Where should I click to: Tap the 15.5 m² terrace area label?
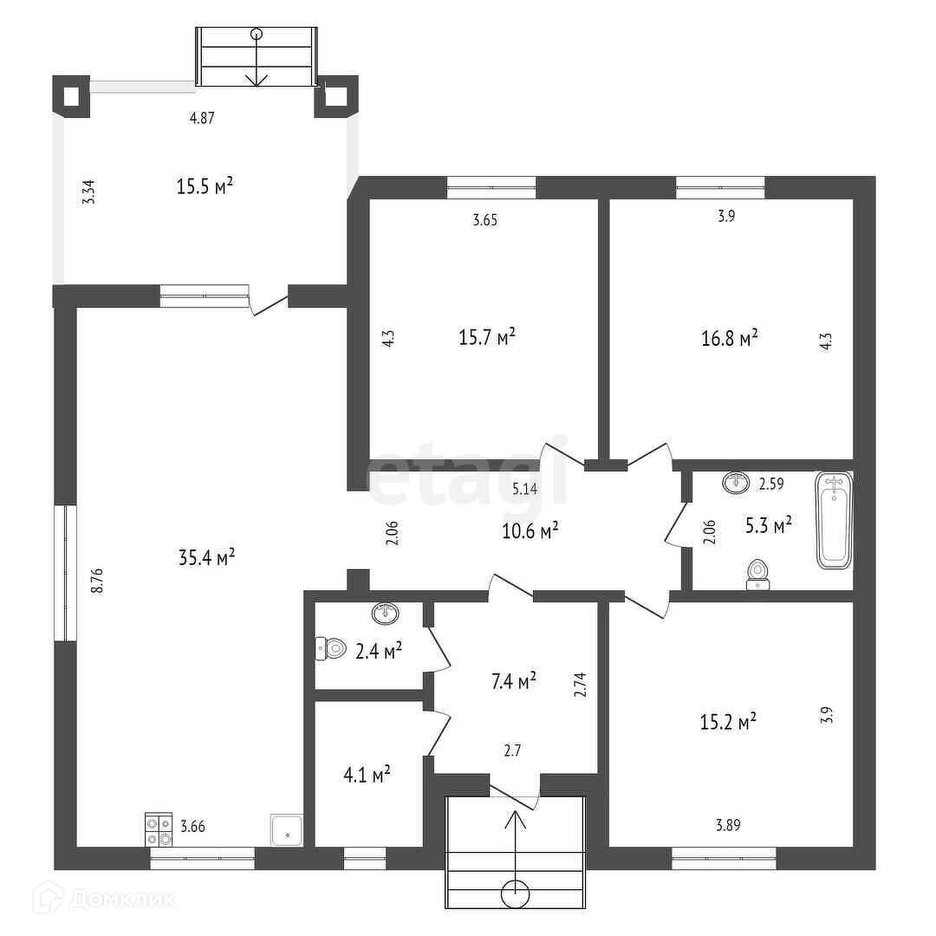206,185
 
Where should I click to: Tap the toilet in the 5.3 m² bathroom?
758,574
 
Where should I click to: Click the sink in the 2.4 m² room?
386,614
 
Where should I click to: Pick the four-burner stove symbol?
158,829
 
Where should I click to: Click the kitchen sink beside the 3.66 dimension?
286,829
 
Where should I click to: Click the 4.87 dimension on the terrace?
202,119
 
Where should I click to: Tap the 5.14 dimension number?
524,489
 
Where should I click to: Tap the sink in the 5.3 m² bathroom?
737,482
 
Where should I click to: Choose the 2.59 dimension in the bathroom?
771,485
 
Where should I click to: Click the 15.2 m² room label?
729,721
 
